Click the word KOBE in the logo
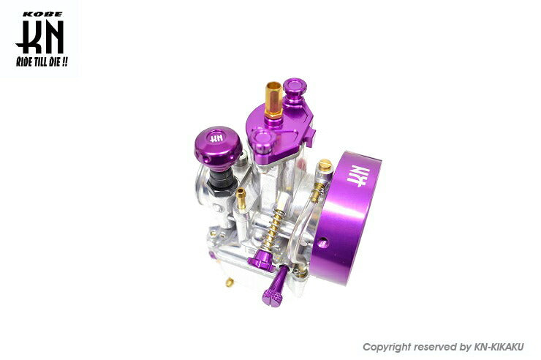tap(43, 14)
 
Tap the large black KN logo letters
tap(40, 37)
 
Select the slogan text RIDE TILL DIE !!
tap(42, 62)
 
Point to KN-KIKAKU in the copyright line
tap(499, 347)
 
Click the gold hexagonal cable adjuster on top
tap(274, 100)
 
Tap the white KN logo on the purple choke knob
tap(216, 138)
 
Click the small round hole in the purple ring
tap(323, 244)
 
